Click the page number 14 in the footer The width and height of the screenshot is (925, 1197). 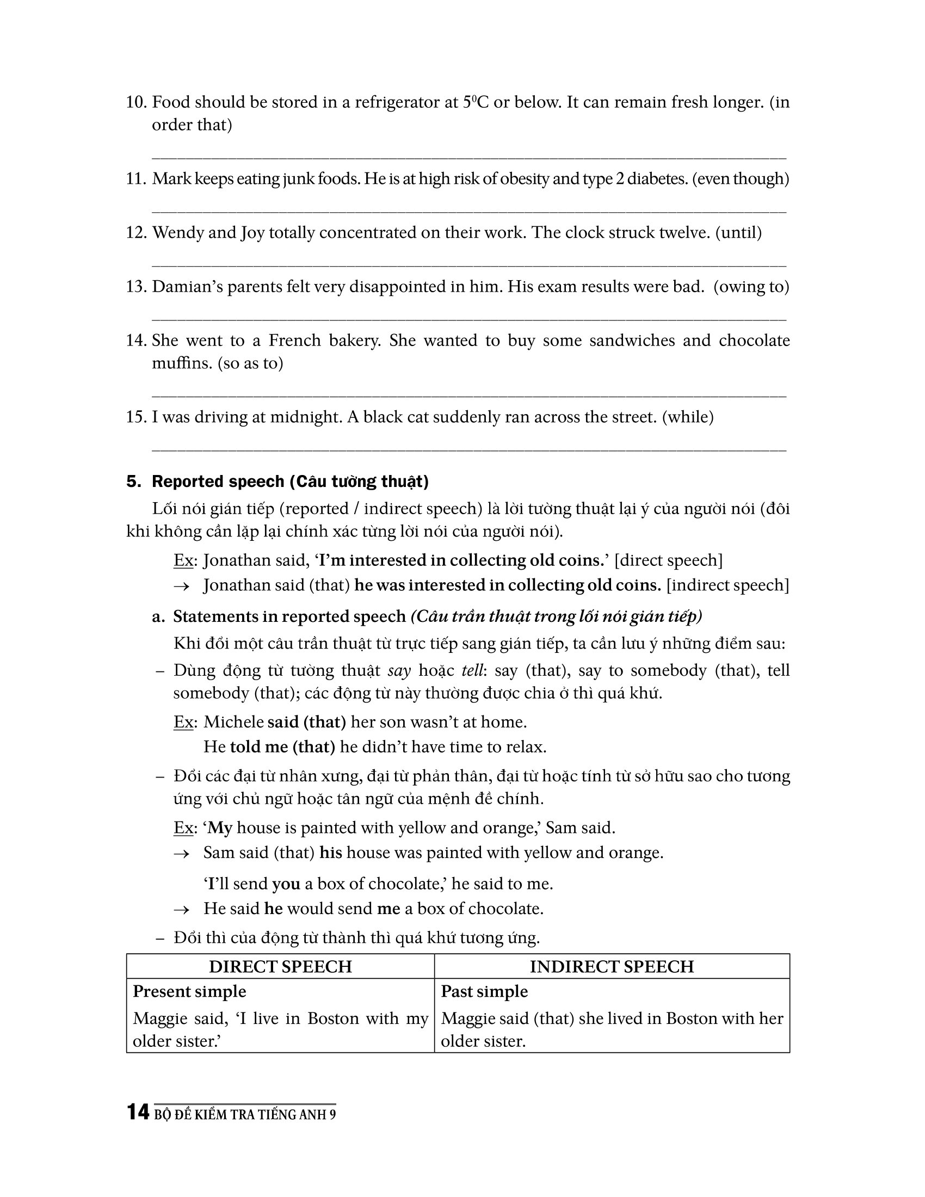138,1112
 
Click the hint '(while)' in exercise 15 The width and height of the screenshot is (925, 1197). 688,417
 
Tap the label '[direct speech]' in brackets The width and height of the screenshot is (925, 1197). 669,560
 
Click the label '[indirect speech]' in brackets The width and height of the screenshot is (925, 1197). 727,585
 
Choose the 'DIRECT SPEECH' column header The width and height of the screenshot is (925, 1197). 280,966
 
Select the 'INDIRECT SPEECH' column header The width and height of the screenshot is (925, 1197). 612,966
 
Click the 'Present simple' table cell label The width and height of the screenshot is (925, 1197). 189,991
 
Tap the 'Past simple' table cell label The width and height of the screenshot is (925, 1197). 484,991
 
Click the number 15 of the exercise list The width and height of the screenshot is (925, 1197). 136,417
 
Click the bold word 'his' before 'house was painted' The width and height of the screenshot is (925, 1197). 330,853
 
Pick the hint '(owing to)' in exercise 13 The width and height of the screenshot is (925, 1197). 751,287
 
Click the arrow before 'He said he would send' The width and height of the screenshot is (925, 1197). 181,909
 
